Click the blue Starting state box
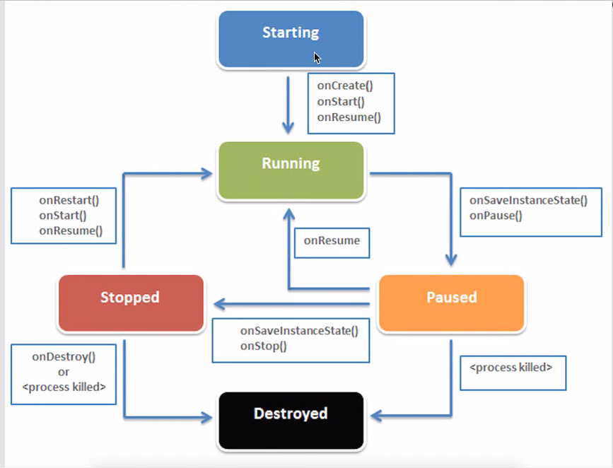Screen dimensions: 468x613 pyautogui.click(x=291, y=40)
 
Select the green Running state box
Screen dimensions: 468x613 pyautogui.click(x=291, y=170)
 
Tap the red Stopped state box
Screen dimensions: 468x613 pyautogui.click(x=131, y=303)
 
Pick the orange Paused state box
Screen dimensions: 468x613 pyautogui.click(x=451, y=303)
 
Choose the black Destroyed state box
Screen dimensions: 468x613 pyautogui.click(x=291, y=420)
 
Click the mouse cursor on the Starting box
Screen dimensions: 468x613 pyautogui.click(x=317, y=58)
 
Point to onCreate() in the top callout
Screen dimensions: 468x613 pyautogui.click(x=344, y=86)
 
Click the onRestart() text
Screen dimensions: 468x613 pyautogui.click(x=69, y=200)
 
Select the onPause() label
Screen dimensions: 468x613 pyautogui.click(x=496, y=214)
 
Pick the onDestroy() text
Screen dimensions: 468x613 pyautogui.click(x=64, y=357)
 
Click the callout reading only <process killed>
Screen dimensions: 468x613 pyautogui.click(x=513, y=368)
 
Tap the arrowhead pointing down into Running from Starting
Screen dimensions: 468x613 pyautogui.click(x=288, y=129)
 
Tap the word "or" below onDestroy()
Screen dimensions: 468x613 pyautogui.click(x=64, y=372)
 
